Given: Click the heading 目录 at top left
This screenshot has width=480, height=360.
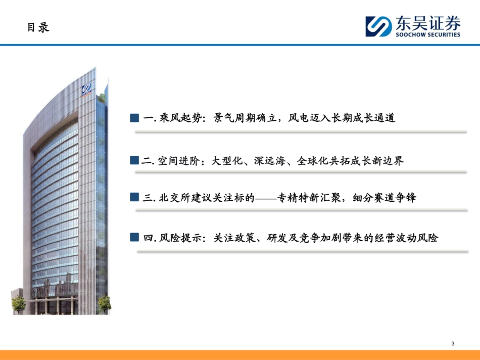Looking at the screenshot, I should [38, 28].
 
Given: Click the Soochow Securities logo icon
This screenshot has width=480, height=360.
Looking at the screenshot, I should [378, 26].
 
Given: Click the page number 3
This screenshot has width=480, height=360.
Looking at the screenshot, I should [453, 344].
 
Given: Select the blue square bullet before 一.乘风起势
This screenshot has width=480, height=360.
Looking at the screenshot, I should [134, 118].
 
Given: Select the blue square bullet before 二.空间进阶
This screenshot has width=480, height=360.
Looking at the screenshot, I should [134, 160].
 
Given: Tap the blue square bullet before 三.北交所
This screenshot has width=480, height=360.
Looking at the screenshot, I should [134, 197].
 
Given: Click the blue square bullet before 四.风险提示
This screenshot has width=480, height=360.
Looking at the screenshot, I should [134, 237].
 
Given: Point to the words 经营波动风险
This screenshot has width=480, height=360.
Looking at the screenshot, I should [408, 237].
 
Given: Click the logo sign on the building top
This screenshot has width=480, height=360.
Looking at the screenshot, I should [87, 91].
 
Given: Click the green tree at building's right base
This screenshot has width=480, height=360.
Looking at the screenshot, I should [104, 303].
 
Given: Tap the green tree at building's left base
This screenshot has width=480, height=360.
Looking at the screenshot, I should [19, 304].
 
